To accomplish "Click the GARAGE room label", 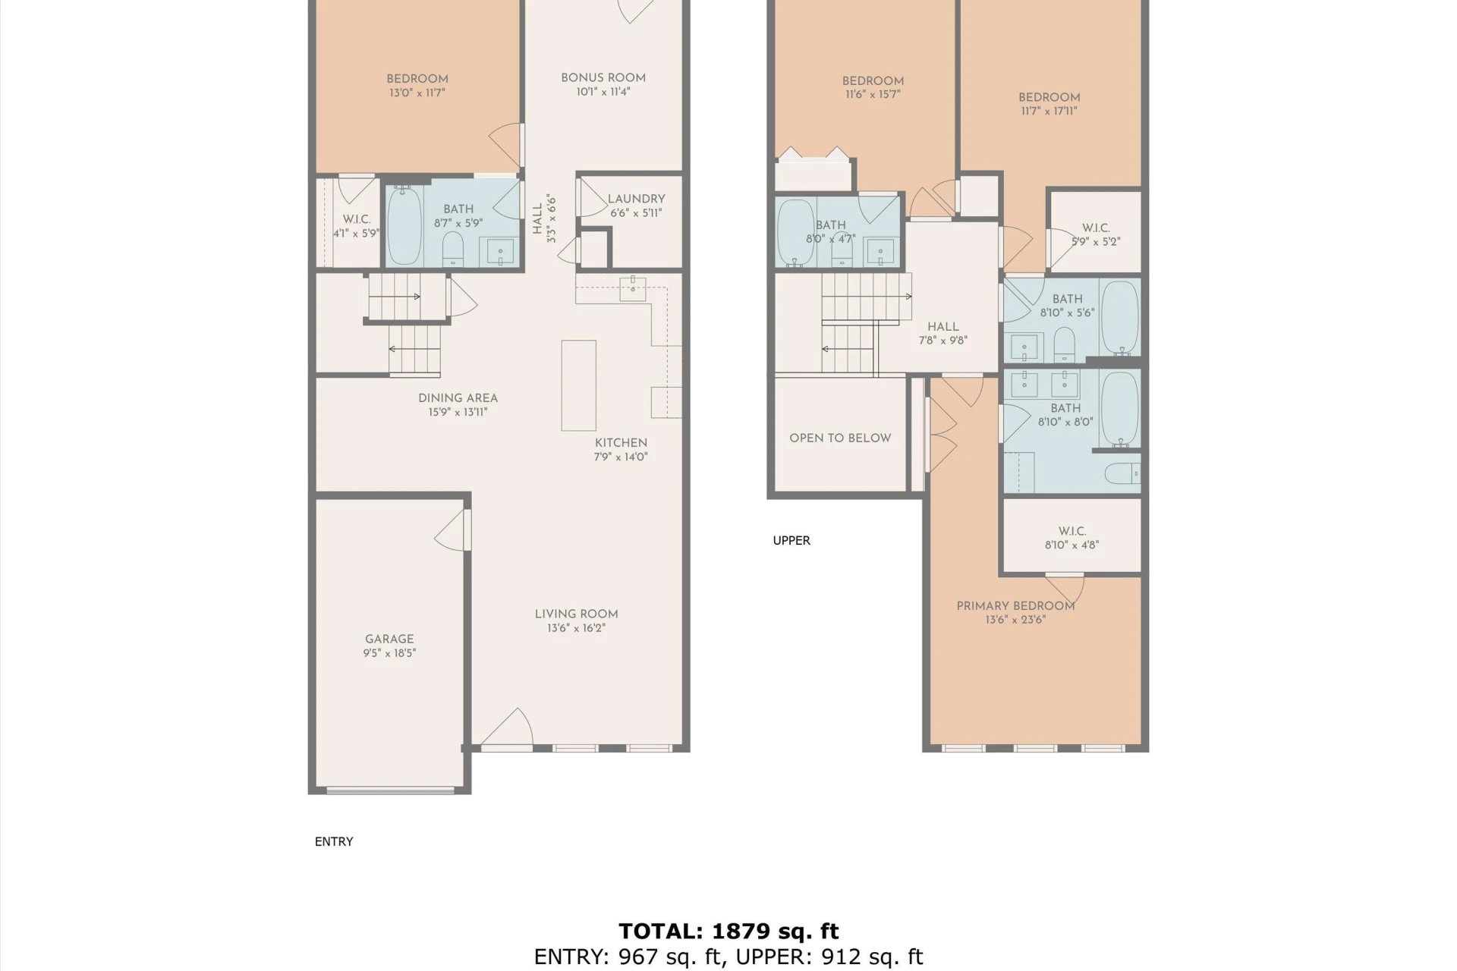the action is tap(389, 639).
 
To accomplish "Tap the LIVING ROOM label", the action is tap(576, 614).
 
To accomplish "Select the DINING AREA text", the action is tap(458, 398).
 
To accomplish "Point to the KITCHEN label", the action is tap(621, 443).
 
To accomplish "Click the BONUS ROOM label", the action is tap(603, 78).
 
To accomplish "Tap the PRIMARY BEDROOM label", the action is tap(1015, 606).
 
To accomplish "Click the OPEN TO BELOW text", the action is tap(840, 438).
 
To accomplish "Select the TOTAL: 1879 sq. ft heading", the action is tap(728, 931).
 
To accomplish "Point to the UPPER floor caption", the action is tap(791, 541).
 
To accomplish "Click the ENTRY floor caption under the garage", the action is tap(334, 842).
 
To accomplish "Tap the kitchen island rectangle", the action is tap(578, 385).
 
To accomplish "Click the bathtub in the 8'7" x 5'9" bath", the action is tap(404, 225).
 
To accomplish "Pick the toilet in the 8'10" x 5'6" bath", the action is tap(1064, 344).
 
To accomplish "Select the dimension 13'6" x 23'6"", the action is tap(1015, 620).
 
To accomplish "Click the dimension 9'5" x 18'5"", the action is tap(389, 653).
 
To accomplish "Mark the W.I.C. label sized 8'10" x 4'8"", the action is tap(1072, 532).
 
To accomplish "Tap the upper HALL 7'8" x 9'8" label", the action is tap(942, 327).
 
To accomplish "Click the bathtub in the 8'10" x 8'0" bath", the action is tap(1120, 409).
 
